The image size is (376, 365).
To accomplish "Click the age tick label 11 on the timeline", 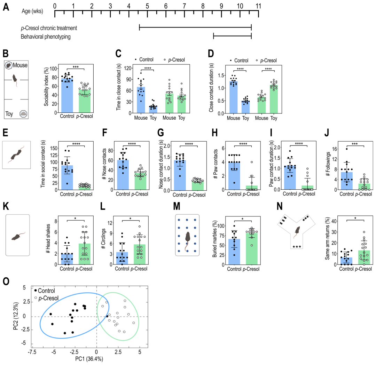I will pos(258,6).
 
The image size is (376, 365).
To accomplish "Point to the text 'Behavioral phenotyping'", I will pos(46,36).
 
